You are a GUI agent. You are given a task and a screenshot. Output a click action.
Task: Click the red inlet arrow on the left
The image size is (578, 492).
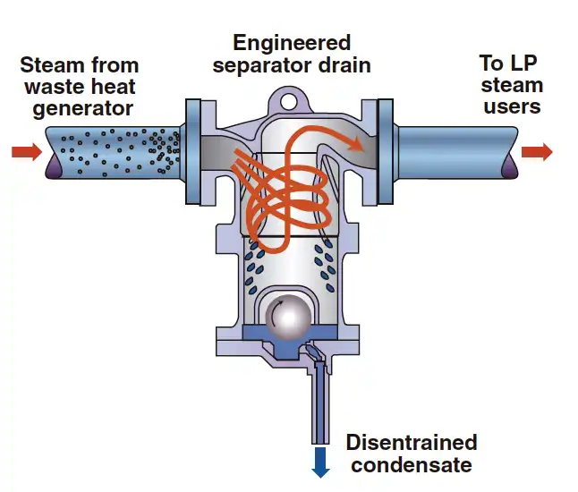(27, 151)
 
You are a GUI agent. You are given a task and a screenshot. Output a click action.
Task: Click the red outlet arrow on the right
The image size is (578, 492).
(537, 151)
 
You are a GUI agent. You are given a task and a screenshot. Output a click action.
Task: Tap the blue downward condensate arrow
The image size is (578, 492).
(320, 462)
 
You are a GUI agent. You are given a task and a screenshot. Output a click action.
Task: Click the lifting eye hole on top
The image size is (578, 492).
(288, 101)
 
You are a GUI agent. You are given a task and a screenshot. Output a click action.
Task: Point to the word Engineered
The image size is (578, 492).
(292, 43)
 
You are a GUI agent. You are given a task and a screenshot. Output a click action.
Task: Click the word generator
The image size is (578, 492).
(82, 109)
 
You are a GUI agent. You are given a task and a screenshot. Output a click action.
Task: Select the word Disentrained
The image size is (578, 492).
(412, 442)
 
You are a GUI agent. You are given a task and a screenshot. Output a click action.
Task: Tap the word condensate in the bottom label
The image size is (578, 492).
(412, 465)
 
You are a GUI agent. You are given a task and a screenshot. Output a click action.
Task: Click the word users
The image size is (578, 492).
(512, 106)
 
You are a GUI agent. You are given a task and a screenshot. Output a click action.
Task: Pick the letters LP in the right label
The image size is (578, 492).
(523, 63)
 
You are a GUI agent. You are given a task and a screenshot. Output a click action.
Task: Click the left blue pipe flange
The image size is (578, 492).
(192, 151)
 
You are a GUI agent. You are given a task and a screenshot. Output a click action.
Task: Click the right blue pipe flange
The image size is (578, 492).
(386, 151)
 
